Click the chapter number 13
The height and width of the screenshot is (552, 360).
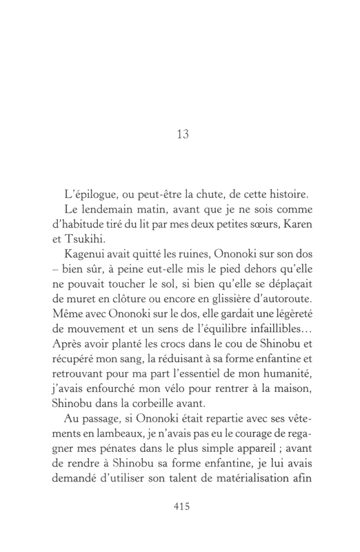pos(182,135)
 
